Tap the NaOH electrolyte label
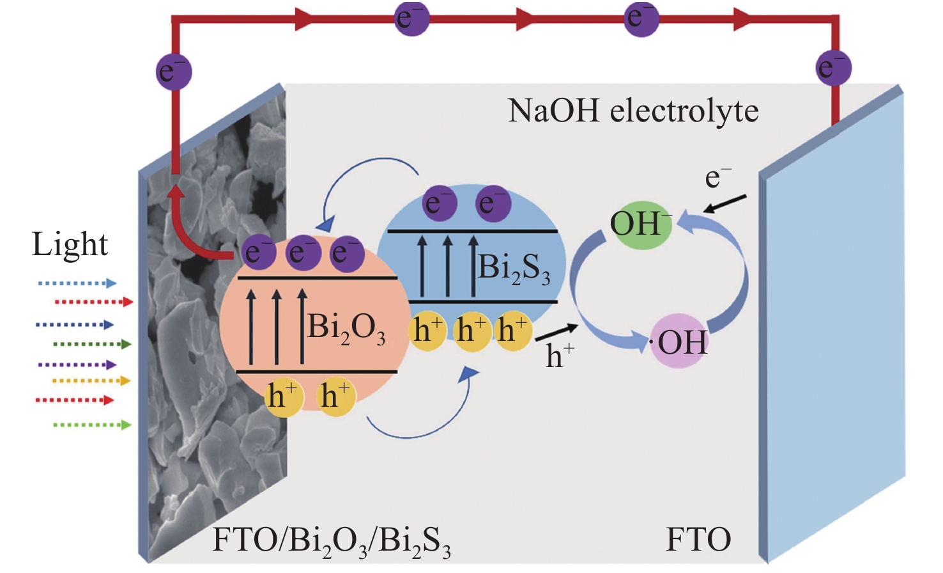click(x=633, y=111)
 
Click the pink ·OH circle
click(x=680, y=341)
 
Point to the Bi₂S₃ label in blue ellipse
click(x=514, y=269)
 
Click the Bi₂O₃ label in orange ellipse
click(x=346, y=328)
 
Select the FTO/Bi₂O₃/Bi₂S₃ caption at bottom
click(x=331, y=541)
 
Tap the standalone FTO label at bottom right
click(x=698, y=540)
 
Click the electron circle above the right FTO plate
click(x=833, y=67)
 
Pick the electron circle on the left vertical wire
click(x=174, y=71)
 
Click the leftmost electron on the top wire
click(x=411, y=18)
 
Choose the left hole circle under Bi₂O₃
click(x=284, y=396)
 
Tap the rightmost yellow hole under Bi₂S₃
click(x=514, y=331)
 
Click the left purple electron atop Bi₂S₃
click(x=440, y=203)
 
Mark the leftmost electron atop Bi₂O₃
click(x=258, y=253)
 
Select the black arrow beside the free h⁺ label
click(x=556, y=332)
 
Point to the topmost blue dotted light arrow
click(x=77, y=283)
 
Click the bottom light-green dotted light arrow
click(x=92, y=425)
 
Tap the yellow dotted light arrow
click(x=91, y=381)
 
